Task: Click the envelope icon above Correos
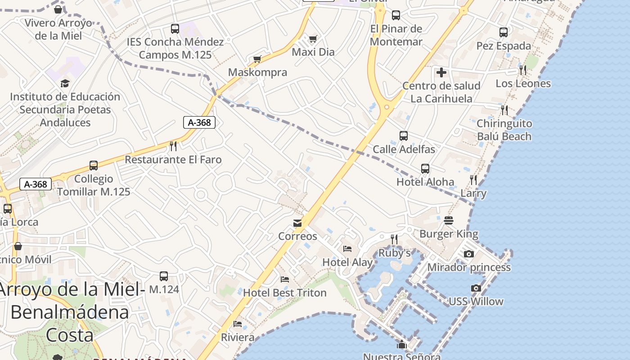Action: coord(297,223)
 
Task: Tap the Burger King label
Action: coord(449,234)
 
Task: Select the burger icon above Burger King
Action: coord(449,220)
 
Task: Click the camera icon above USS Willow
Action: coord(476,288)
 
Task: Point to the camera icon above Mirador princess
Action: coord(468,254)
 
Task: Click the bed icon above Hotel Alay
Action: coord(347,248)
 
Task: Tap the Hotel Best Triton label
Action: coord(284,292)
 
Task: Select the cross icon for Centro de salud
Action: coord(441,72)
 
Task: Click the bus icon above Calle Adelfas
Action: coord(404,135)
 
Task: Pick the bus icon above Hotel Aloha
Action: coord(425,169)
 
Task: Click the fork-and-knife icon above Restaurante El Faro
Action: coord(173,146)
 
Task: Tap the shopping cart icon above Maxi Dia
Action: coord(313,39)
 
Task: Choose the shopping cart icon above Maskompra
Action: coord(257,59)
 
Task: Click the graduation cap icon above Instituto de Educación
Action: coord(65,83)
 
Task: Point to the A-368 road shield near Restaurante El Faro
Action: coord(199,122)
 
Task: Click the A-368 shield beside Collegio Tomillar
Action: coord(36,184)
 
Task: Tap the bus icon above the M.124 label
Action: coord(164,276)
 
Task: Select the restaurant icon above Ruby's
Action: coord(394,239)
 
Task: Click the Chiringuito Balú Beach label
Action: coord(504,130)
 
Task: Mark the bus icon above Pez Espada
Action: coord(504,32)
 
